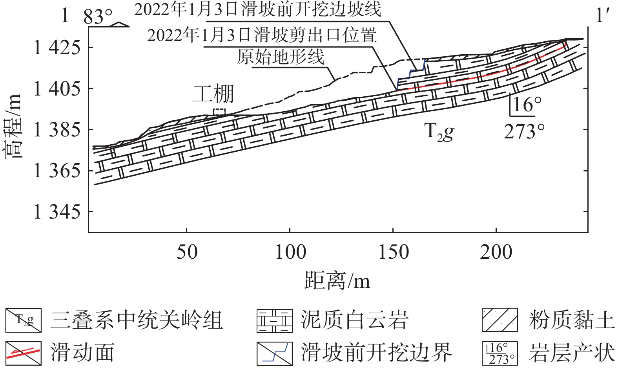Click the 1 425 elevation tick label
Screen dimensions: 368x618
pos(57,48)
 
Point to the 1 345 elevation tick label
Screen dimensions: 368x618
pos(57,212)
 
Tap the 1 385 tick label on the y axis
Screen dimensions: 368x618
pos(57,130)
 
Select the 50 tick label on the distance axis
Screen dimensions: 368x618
pos(187,252)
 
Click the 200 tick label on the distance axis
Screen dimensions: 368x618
pos(496,252)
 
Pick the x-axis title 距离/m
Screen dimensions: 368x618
pos(337,281)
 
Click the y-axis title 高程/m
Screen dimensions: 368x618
pos(13,126)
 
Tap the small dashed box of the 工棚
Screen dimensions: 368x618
pos(219,112)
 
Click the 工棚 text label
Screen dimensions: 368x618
pos(213,94)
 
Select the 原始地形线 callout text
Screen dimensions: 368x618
pos(280,57)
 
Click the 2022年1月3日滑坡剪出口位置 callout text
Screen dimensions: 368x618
pos(262,35)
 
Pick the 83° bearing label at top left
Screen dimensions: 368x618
pos(98,17)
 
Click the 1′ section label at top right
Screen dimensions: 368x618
pos(603,16)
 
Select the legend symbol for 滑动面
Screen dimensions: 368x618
pos(23,353)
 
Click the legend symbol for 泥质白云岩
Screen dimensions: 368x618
pos(274,321)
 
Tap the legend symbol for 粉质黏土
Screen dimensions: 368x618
pos(500,320)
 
